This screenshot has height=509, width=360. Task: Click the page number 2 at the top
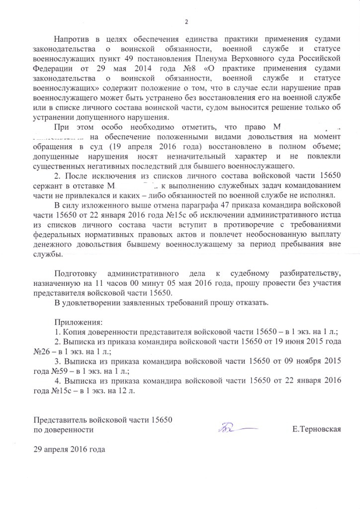point(186,21)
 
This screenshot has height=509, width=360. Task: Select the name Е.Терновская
point(317,429)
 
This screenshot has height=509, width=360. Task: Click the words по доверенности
point(63,429)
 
